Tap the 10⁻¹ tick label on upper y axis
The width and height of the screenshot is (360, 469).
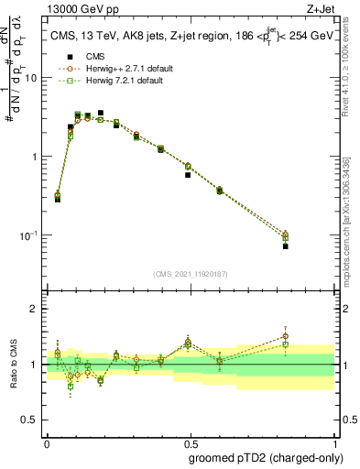[x=28, y=235]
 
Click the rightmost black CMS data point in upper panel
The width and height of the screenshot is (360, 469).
[x=286, y=246]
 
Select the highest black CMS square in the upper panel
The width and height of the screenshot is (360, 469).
[x=100, y=113]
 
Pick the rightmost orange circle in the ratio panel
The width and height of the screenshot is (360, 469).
[x=286, y=336]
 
